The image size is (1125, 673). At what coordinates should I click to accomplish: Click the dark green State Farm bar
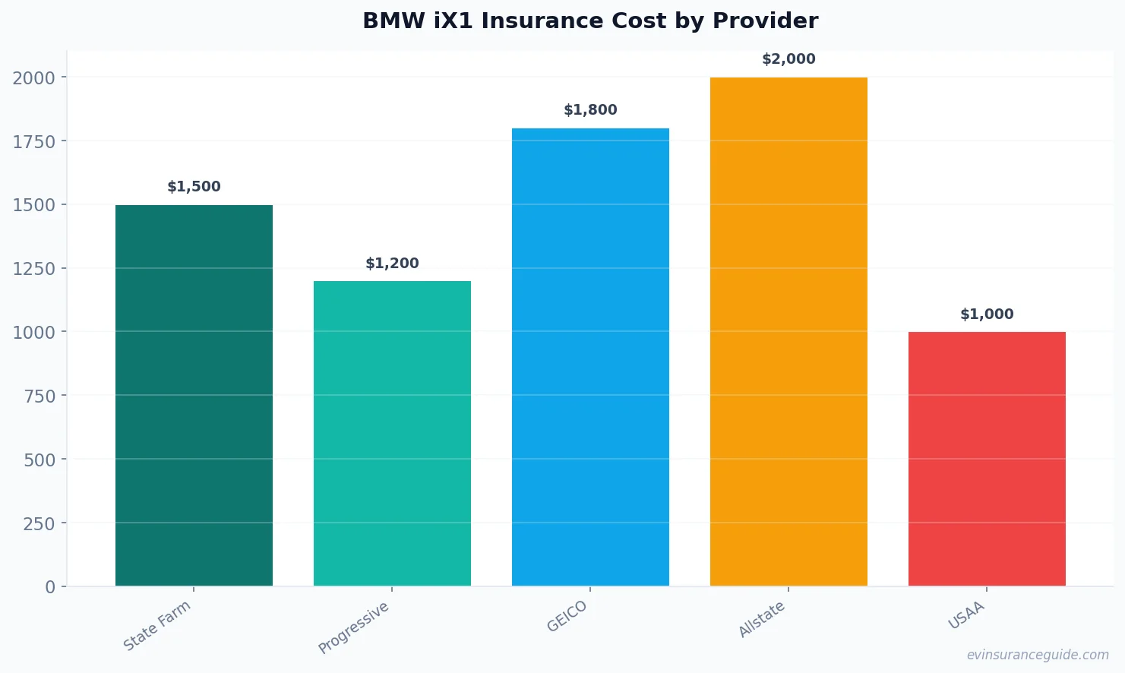tap(194, 395)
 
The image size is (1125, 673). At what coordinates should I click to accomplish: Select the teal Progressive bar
tap(392, 433)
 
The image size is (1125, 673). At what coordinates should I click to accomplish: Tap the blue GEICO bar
tap(590, 357)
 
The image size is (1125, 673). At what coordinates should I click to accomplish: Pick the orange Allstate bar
tap(788, 331)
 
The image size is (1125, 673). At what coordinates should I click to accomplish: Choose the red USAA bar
tap(987, 459)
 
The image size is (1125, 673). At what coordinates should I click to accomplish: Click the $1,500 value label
tap(194, 187)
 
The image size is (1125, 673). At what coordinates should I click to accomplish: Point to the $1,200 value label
tap(392, 264)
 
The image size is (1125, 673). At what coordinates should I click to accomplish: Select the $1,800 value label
tap(590, 110)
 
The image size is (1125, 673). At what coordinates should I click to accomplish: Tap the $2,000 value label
tap(788, 59)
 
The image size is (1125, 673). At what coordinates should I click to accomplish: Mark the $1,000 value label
tap(987, 314)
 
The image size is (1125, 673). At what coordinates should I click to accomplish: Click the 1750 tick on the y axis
tap(34, 141)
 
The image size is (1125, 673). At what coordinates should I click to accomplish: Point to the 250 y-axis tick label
tap(39, 523)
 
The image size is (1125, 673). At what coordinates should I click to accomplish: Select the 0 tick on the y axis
tap(50, 587)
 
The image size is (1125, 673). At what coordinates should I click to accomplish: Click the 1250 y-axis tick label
tap(34, 269)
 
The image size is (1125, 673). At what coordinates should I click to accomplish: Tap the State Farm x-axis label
tap(157, 625)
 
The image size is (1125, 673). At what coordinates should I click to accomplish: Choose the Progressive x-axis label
tap(354, 627)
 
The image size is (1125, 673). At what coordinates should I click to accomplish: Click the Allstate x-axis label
tap(762, 619)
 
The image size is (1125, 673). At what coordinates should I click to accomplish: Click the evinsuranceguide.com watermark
tap(1038, 655)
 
